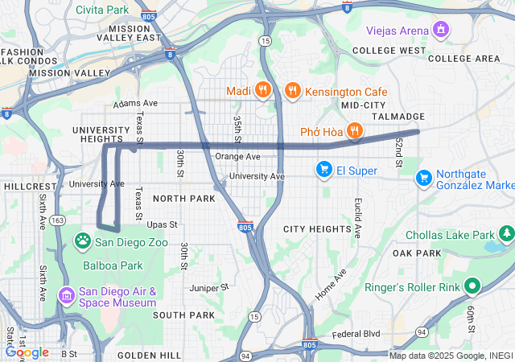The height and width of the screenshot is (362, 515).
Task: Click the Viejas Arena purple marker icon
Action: point(440,31)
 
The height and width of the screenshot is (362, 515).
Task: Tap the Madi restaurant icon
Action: point(262,90)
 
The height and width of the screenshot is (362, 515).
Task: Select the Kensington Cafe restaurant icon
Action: point(293,90)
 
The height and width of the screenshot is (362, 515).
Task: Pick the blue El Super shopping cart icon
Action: point(324,170)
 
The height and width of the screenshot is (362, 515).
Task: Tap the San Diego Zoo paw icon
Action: point(83,241)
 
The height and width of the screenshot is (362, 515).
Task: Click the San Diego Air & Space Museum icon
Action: point(67,297)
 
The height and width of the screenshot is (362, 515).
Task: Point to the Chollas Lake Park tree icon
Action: point(506,235)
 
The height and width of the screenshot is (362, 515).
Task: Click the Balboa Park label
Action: point(109,263)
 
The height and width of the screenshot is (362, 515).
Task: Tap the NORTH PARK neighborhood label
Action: point(184,199)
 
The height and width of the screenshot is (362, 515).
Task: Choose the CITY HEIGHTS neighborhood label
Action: point(317,229)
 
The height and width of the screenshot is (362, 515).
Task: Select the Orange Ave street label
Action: point(237,156)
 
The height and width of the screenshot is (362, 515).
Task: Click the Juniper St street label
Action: point(210,286)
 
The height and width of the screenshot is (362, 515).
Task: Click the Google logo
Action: point(27,352)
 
